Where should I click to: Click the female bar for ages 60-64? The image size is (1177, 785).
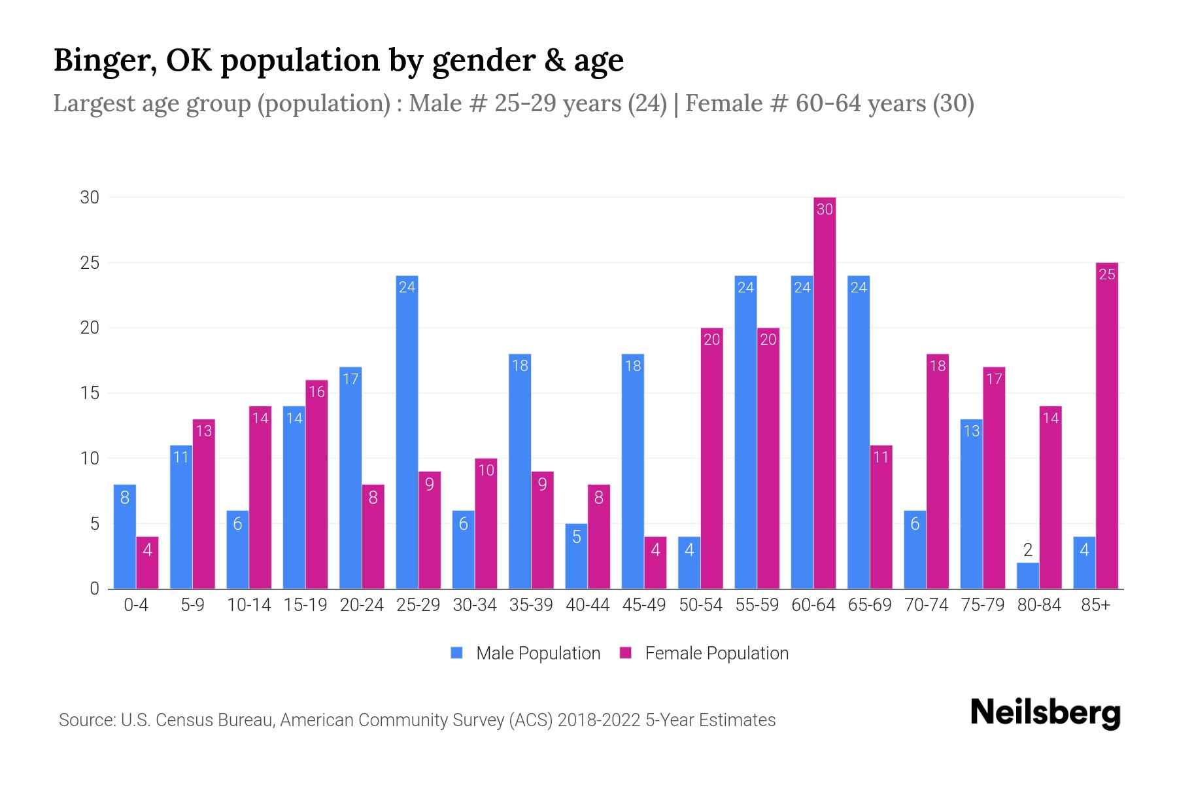825,392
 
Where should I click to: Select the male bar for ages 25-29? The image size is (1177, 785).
407,432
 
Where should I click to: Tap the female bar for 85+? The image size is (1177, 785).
1106,425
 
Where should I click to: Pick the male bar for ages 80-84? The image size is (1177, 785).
1027,576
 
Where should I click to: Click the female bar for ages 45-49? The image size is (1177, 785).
655,563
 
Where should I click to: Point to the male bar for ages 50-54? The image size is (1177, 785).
689,563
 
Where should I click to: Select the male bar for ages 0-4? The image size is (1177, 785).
124,536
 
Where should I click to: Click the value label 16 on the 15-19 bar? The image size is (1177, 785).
316,392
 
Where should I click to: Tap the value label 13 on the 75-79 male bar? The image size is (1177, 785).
971,431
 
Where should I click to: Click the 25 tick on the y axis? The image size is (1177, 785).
90,263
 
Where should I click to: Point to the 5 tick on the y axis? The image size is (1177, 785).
95,524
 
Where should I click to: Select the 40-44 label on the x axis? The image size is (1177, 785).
587,605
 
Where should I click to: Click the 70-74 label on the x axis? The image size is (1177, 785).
926,605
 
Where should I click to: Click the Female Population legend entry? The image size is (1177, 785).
704,653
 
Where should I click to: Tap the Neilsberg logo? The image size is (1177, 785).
1045,713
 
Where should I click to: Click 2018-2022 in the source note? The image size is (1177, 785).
599,720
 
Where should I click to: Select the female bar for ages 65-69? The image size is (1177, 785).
881,517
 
